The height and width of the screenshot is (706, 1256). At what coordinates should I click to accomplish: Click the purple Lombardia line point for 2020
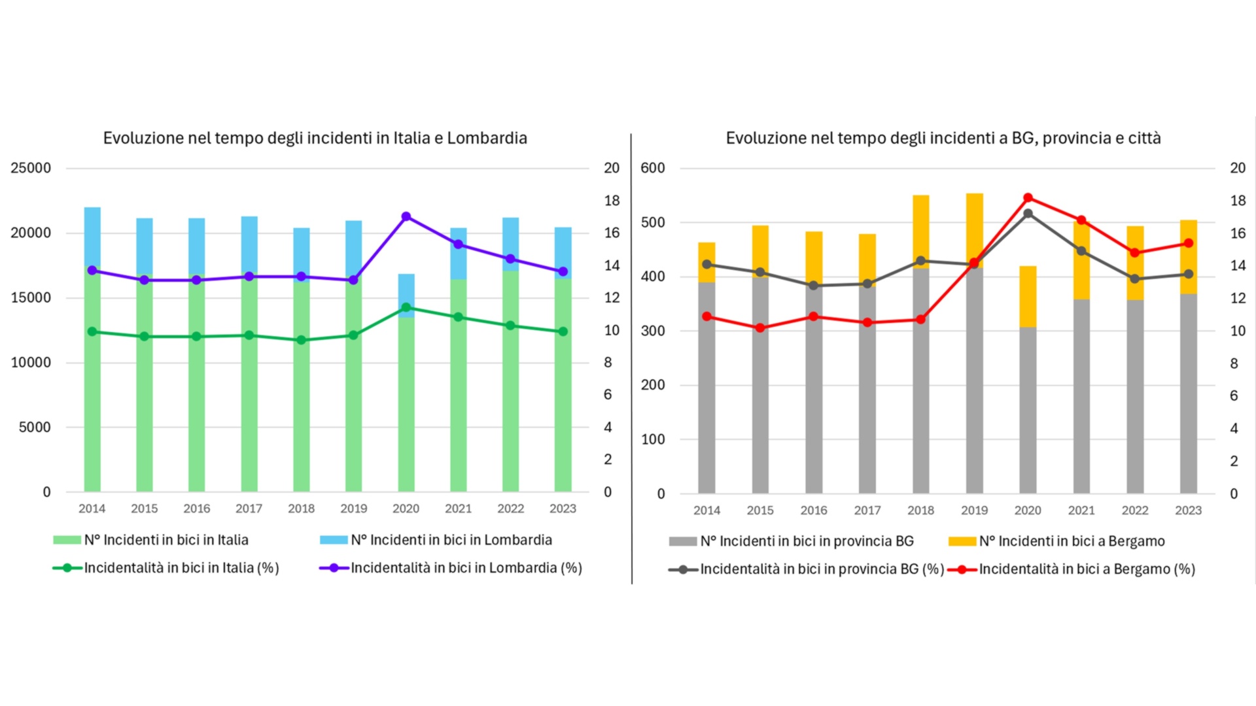pos(406,216)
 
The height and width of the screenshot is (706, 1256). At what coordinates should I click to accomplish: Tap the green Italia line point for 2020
pos(406,307)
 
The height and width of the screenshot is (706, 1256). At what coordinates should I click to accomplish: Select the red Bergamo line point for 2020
pos(1028,198)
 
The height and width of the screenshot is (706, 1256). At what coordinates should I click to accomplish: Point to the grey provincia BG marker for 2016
pos(814,286)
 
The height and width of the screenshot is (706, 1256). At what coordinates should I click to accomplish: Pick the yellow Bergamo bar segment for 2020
pos(1028,297)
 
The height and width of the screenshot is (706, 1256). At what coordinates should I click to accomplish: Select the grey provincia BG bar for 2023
pos(1188,392)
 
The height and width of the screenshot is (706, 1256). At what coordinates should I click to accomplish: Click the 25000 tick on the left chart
pos(31,168)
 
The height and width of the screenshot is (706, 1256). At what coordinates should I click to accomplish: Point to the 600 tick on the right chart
pos(652,168)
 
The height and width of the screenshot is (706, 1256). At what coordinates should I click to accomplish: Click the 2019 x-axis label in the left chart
pos(353,509)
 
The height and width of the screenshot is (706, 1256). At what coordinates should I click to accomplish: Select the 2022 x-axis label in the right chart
pos(1135,511)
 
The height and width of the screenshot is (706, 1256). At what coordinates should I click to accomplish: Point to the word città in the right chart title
pos(1144,138)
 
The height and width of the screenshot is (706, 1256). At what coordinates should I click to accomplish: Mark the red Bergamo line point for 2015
pos(760,328)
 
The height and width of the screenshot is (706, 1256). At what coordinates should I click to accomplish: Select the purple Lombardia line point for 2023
pos(563,271)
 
